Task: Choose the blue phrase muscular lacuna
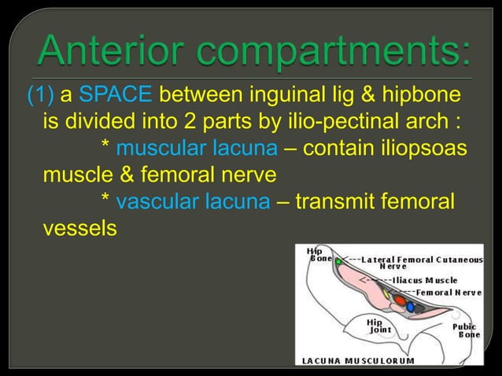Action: (194, 147)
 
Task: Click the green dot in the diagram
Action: (338, 260)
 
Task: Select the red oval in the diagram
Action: (400, 299)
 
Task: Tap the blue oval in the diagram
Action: (411, 307)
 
